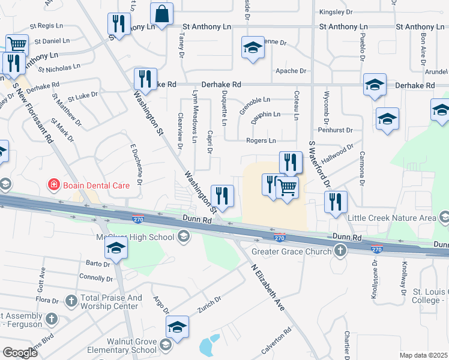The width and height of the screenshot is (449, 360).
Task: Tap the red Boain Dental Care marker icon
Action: point(53,185)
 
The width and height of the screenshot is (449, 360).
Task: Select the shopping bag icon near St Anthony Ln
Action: point(161,13)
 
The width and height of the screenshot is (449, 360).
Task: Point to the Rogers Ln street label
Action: point(261,140)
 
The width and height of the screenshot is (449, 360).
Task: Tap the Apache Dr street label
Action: point(291,71)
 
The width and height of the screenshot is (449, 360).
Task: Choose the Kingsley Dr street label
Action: point(336,12)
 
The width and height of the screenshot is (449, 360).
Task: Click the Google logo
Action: point(19,352)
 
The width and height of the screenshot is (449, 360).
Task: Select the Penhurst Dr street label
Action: point(336,129)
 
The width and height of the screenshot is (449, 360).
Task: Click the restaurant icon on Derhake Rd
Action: point(145,78)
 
